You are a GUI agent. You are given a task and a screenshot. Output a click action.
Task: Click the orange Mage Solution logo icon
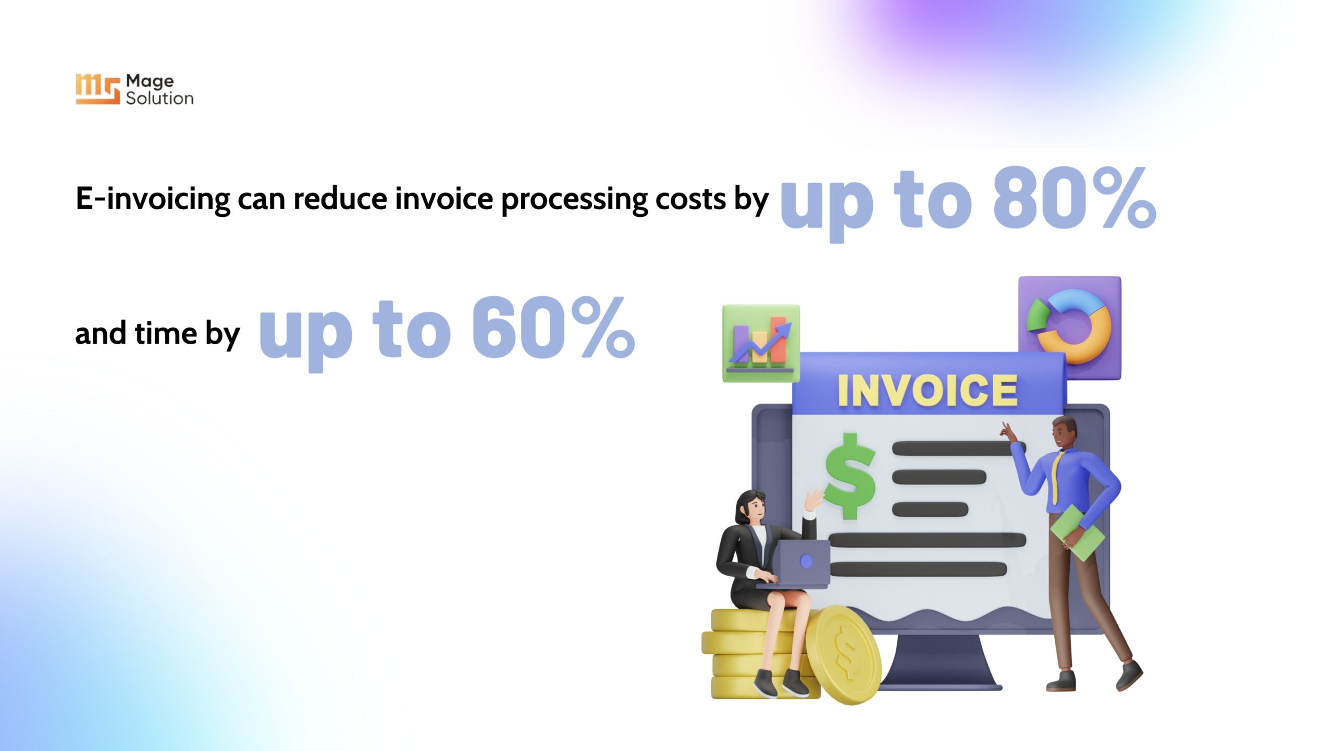pos(98,89)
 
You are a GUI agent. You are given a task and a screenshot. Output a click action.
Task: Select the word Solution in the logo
pos(160,98)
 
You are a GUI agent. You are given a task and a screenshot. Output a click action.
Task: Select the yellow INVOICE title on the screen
pos(928,391)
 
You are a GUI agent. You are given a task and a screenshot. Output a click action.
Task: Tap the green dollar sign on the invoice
pos(850,476)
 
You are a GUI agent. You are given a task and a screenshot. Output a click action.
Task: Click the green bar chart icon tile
pos(761,343)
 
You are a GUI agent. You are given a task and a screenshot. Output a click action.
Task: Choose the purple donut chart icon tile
pos(1070,328)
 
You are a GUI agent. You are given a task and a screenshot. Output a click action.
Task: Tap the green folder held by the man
pos(1077,532)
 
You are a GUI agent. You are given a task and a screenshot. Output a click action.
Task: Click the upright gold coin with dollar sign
pos(843,655)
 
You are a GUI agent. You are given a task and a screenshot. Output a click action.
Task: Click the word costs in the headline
pos(690,199)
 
